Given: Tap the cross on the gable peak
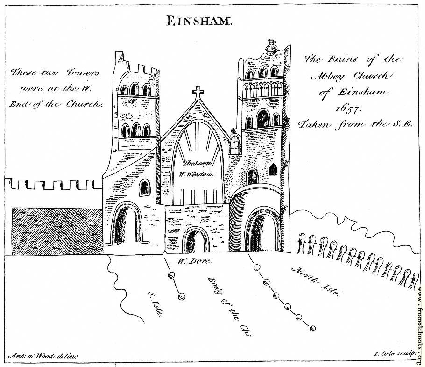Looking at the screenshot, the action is tap(198, 93).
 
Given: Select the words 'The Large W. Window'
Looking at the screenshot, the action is tap(197, 169).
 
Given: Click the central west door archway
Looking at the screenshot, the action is tap(196, 240).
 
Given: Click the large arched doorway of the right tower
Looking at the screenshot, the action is tap(262, 230).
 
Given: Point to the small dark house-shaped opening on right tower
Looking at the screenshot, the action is tap(274, 169).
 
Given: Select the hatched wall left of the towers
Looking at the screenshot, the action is tap(57, 231).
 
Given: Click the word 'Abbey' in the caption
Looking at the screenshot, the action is tap(328, 77).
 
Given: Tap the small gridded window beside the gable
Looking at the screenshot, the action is tap(235, 144).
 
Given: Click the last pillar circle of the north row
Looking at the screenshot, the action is tap(313, 329).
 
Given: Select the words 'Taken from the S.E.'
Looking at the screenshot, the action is tap(355, 124).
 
